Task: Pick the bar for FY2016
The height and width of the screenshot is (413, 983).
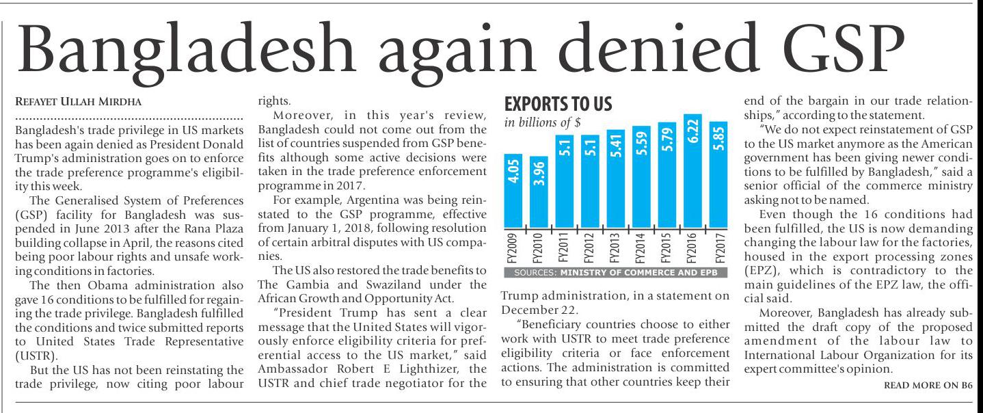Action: [697, 171]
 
